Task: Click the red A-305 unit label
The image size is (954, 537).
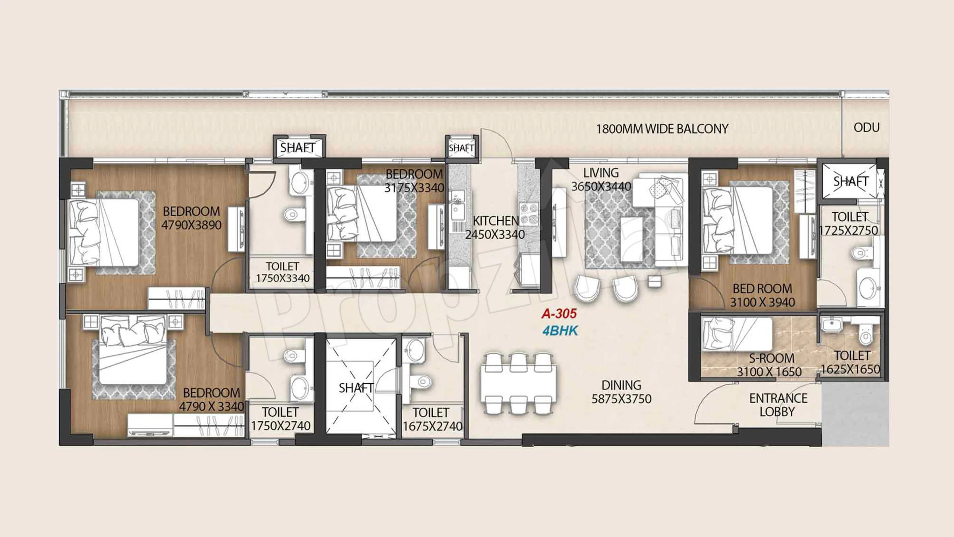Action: tap(559, 314)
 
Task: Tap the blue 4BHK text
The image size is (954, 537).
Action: tap(560, 331)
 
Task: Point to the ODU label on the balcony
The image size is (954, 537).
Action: tap(866, 128)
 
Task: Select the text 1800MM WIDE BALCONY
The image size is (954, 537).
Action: tap(662, 129)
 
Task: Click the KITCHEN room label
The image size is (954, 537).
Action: tap(496, 221)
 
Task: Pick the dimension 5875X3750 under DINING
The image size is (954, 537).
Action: tap(622, 399)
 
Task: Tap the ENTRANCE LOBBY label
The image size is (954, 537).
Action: tap(778, 405)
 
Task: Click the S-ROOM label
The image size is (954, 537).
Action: tap(771, 358)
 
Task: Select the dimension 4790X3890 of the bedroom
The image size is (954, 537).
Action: tap(192, 225)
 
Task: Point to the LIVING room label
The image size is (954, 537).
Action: tap(601, 173)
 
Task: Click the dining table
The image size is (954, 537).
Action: tap(519, 384)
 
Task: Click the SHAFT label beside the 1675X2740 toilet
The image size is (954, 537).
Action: tap(356, 388)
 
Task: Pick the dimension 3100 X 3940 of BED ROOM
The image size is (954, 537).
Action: tap(762, 302)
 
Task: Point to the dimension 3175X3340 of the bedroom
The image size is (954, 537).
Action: tap(414, 188)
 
